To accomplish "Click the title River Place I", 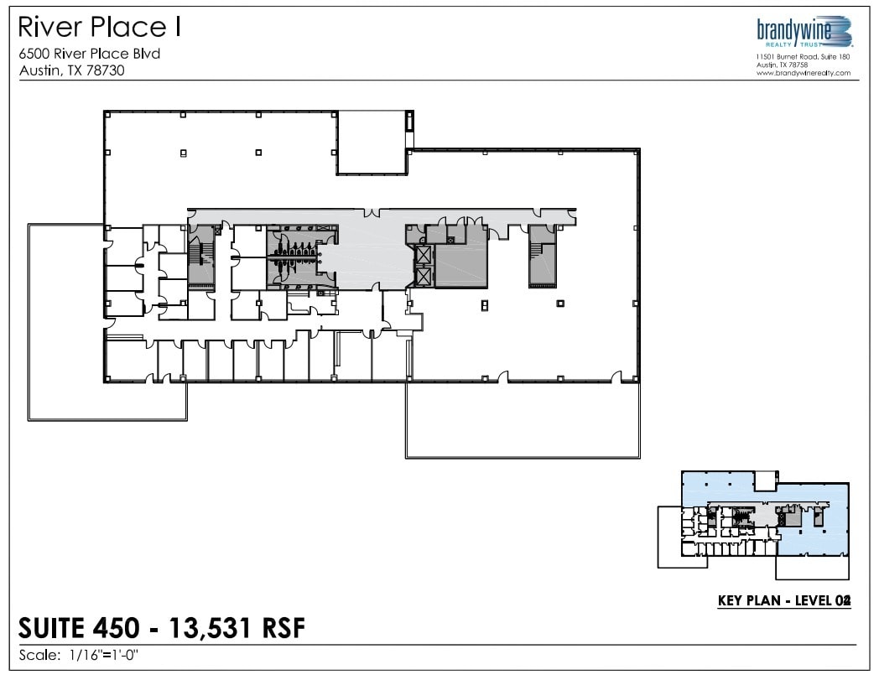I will (x=100, y=29).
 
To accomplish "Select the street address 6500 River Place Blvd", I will (x=89, y=55).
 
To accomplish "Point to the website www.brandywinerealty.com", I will (x=803, y=73).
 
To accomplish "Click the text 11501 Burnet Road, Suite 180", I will (x=803, y=56).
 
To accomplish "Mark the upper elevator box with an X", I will (x=424, y=255).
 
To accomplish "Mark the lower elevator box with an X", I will (x=424, y=276).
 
